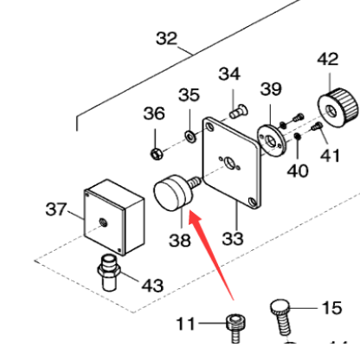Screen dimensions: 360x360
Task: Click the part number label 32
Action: click(x=166, y=38)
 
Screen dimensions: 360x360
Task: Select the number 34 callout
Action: click(x=228, y=73)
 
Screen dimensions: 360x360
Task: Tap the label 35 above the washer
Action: click(x=190, y=94)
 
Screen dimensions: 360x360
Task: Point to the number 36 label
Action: click(x=153, y=113)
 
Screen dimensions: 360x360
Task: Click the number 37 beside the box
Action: click(x=55, y=210)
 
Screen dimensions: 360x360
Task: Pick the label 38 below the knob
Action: click(x=180, y=241)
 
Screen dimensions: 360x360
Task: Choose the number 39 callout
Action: click(x=271, y=90)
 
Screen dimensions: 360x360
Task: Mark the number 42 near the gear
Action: click(x=328, y=61)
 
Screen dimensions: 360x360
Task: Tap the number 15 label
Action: click(x=332, y=307)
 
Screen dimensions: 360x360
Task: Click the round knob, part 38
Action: click(x=172, y=193)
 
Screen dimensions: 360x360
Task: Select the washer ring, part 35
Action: click(x=190, y=135)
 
